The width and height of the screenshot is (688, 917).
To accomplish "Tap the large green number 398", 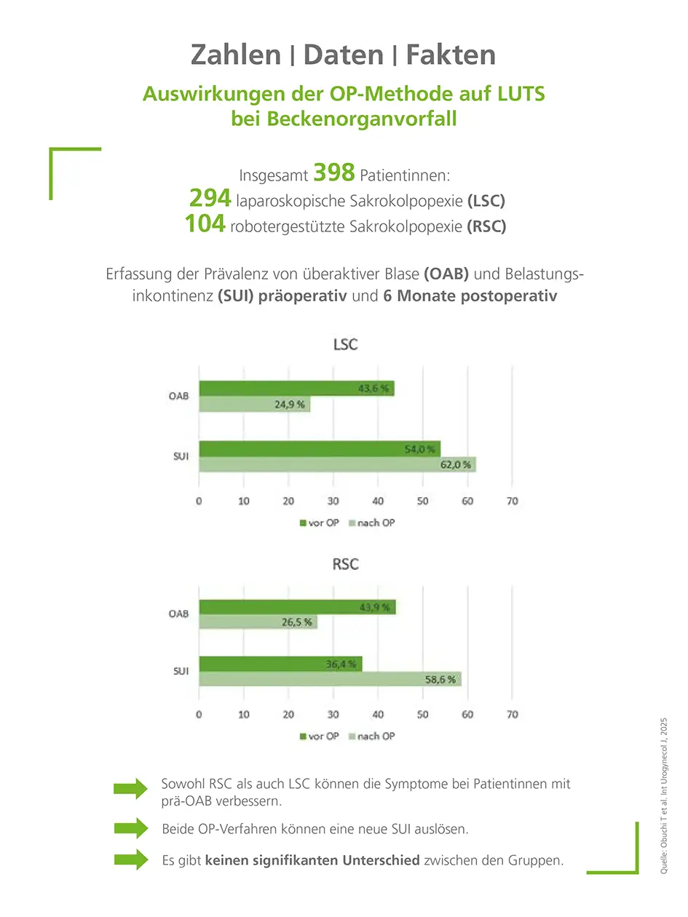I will point(333,172).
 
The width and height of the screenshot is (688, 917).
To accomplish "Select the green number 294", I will point(210,198).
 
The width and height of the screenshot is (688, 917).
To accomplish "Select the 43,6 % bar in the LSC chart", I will point(296,389).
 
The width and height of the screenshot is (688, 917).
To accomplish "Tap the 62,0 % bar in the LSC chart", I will point(337,464).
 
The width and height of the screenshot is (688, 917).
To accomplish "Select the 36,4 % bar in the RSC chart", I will point(280,664).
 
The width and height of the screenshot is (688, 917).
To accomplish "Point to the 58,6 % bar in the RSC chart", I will point(330,679).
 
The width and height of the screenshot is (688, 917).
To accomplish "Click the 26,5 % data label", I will point(296,622).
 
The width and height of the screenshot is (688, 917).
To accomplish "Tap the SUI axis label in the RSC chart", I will point(181,671).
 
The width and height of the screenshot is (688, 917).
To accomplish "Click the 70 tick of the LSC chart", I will point(512,501).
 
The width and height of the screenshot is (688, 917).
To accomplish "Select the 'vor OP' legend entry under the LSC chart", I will point(320,523).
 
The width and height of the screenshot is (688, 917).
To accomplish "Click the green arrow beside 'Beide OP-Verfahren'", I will point(130,828).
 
